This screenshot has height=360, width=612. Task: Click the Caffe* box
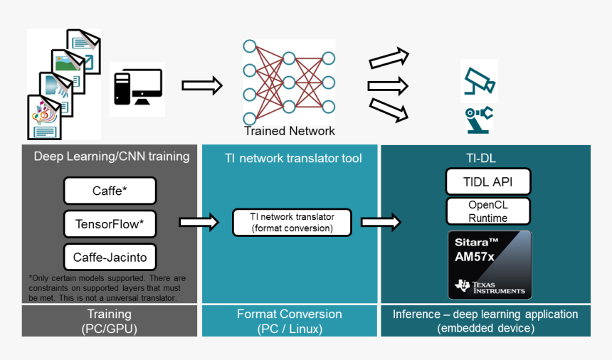coord(110,191)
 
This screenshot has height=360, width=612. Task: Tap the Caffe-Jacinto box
coord(110,256)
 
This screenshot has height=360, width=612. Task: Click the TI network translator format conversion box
coord(292,222)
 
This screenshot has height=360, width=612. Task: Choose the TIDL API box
coord(488,181)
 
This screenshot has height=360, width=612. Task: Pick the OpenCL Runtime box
coord(488,211)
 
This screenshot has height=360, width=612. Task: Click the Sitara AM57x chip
coord(490,263)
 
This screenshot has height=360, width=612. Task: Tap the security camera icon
coord(478,81)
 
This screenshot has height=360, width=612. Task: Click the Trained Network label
coord(290,131)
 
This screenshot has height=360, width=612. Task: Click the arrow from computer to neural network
coord(202,86)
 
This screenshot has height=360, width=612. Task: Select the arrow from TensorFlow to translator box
coord(199,222)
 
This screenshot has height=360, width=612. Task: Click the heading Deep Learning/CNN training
coord(112,157)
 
